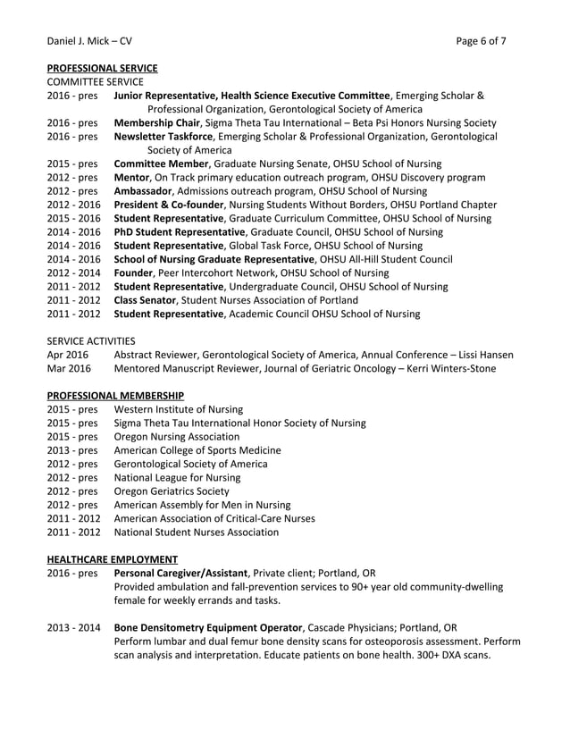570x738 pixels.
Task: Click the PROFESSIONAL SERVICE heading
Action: pyautogui.click(x=102, y=67)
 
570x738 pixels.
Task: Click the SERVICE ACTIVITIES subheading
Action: pyautogui.click(x=91, y=340)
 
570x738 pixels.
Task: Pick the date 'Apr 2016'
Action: pyautogui.click(x=68, y=355)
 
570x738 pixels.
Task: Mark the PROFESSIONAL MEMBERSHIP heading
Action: pyautogui.click(x=115, y=395)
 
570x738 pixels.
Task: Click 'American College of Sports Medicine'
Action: pyautogui.click(x=197, y=450)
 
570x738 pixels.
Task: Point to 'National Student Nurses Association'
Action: pyautogui.click(x=197, y=532)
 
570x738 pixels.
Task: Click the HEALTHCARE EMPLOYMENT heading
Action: pyautogui.click(x=112, y=558)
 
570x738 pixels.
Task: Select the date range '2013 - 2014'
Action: pyautogui.click(x=73, y=627)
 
